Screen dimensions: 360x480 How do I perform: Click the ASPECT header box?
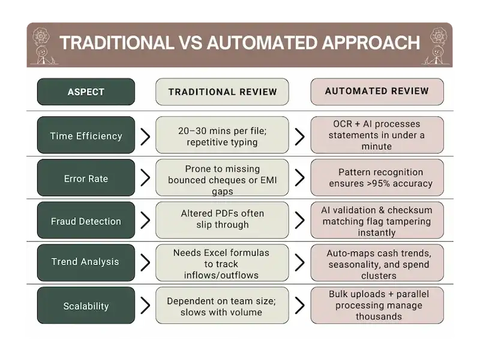(86, 92)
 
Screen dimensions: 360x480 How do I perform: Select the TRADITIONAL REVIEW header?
(223, 92)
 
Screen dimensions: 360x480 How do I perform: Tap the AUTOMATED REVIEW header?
(377, 91)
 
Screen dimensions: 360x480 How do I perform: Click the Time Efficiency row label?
(86, 136)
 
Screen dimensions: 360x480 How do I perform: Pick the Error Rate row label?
(86, 178)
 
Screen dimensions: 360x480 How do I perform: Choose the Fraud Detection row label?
(86, 221)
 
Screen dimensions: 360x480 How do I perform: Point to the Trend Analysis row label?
(86, 262)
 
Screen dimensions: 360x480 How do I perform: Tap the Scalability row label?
(86, 306)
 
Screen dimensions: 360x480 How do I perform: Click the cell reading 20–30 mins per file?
(223, 136)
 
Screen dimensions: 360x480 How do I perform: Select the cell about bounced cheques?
(223, 178)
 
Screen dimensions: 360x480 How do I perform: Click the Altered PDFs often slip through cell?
(223, 220)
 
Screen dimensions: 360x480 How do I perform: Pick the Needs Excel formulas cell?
(223, 264)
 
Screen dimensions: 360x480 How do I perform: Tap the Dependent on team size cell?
(223, 306)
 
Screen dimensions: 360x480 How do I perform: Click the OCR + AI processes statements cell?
(377, 135)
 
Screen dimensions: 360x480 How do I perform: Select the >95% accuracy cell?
(377, 178)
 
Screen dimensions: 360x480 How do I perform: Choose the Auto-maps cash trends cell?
(377, 264)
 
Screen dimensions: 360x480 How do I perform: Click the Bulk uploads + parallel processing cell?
(377, 305)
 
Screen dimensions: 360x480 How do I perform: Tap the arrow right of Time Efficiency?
(145, 136)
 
